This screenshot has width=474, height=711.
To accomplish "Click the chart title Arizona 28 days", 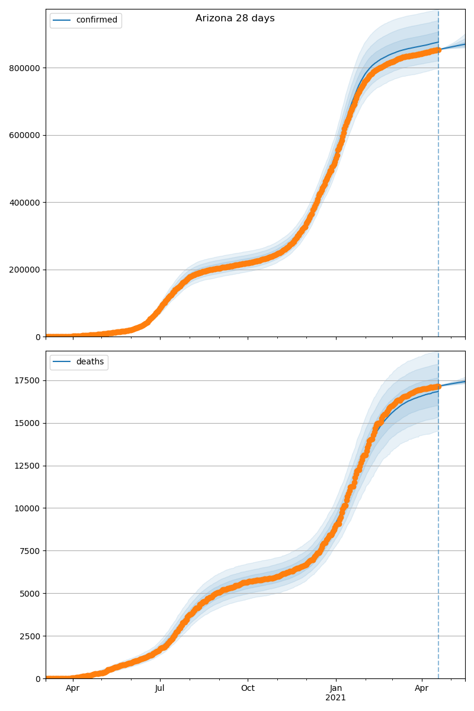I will click(235, 18).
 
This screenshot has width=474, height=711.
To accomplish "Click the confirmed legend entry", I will click(97, 20).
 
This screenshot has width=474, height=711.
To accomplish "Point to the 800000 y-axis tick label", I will click(24, 68).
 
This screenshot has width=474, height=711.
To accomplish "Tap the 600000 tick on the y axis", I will click(24, 135).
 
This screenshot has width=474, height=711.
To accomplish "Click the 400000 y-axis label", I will click(24, 203).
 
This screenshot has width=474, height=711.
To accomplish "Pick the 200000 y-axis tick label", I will click(24, 270).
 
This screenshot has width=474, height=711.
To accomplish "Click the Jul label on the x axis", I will click(159, 688).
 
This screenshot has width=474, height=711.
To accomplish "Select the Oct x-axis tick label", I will click(248, 688).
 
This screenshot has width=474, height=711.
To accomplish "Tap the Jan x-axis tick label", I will click(335, 688).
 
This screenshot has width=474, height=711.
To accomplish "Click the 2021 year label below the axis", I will click(335, 698).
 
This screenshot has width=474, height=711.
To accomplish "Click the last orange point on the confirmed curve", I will click(438, 50).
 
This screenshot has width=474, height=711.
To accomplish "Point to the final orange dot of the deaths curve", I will click(438, 386).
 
